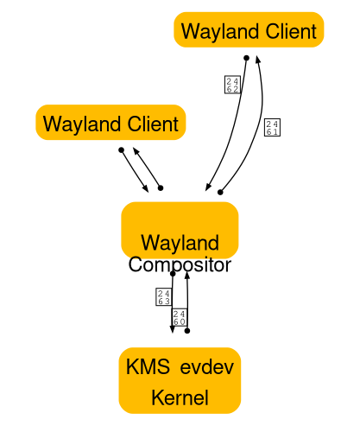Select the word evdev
click(206, 367)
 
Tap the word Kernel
click(180, 398)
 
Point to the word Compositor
click(180, 264)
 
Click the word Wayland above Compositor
click(180, 243)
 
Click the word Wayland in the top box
click(219, 32)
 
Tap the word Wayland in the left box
click(81, 124)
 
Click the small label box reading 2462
click(231, 84)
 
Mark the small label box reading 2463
click(162, 298)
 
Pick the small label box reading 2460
click(180, 316)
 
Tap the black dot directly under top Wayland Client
click(246, 58)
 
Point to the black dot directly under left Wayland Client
click(121, 149)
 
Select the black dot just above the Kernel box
click(186, 330)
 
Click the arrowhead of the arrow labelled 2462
click(207, 188)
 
